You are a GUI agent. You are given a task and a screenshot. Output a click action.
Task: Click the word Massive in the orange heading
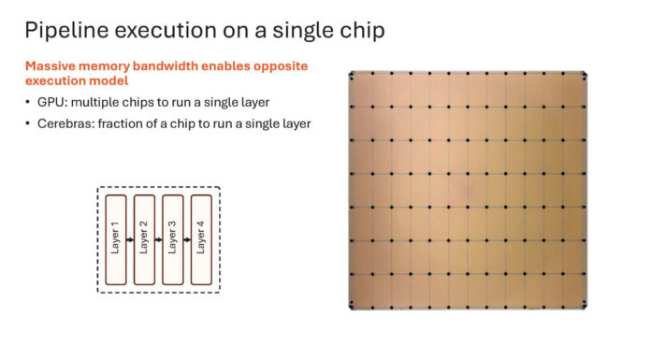[51, 66]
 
